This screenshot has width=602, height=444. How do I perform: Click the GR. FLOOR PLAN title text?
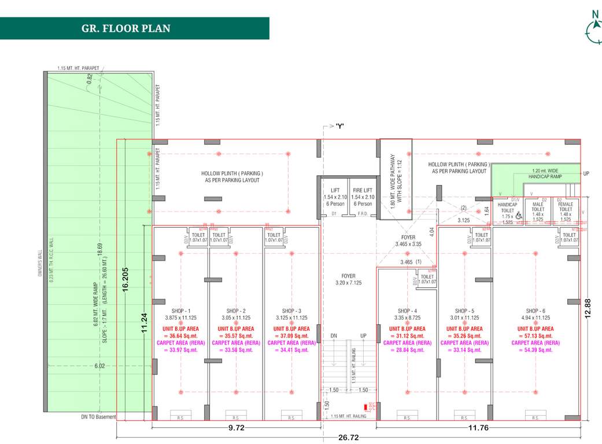[126, 28]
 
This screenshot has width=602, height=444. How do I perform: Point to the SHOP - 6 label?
[535, 310]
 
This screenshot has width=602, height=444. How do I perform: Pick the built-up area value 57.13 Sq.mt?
[535, 335]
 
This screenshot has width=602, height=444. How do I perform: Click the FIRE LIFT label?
[363, 190]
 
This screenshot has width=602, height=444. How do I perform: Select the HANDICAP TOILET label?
[507, 208]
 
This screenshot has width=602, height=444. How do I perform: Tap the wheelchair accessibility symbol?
[519, 216]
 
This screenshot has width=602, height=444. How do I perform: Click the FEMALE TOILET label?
[565, 208]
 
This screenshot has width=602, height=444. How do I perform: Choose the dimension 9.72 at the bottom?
[235, 428]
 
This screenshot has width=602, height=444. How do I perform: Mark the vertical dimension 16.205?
[125, 280]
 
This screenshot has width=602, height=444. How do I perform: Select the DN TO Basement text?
[99, 417]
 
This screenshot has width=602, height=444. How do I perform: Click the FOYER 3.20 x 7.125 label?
[348, 280]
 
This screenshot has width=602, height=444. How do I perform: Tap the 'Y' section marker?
[340, 125]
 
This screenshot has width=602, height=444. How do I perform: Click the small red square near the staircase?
[365, 408]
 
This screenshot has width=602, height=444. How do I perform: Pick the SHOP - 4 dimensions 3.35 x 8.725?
[407, 317]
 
